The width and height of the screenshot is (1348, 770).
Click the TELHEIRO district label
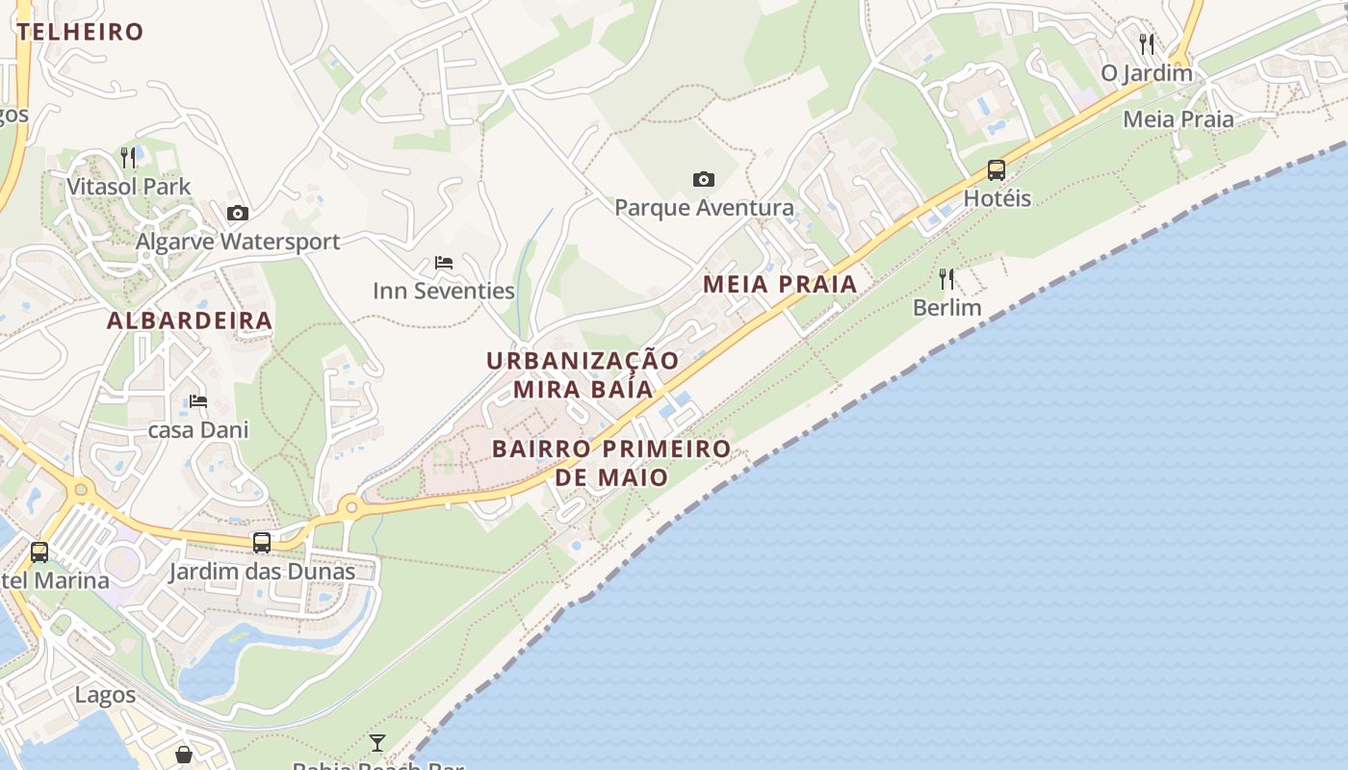tap(81, 32)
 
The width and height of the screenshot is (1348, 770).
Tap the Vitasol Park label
tap(129, 186)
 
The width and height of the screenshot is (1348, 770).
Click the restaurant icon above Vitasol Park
tap(128, 156)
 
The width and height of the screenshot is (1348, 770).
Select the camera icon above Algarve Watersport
tap(238, 213)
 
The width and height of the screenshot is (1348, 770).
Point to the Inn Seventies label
tap(444, 290)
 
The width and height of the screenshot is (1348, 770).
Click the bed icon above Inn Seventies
tap(444, 262)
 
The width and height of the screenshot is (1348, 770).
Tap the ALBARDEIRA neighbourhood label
tap(190, 321)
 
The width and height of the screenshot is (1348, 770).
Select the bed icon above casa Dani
tap(198, 400)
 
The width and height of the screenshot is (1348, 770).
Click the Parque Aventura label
tap(704, 207)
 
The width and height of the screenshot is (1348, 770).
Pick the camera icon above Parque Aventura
tap(704, 179)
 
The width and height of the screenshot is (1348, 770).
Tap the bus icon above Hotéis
tap(997, 170)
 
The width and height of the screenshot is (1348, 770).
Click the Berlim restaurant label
tap(946, 307)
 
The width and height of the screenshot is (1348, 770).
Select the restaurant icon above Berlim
tap(946, 279)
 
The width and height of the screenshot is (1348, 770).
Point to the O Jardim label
tap(1147, 72)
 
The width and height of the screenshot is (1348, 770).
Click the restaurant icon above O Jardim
tap(1146, 44)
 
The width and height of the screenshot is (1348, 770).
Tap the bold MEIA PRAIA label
tap(780, 284)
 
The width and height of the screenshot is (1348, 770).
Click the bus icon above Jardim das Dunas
tap(262, 543)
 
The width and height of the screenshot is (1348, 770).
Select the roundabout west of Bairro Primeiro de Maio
tap(351, 505)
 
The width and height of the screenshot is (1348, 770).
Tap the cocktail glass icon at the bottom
tap(377, 743)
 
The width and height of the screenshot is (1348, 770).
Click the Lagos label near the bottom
tap(106, 694)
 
